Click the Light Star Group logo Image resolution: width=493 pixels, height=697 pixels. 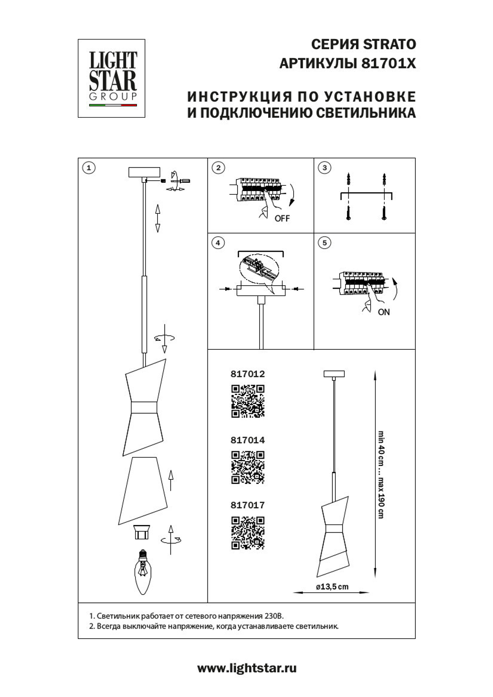(111, 78)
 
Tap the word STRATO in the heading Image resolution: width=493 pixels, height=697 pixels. (389, 44)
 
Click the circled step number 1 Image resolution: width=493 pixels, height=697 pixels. (88, 168)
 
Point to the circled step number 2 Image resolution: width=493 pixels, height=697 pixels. (218, 168)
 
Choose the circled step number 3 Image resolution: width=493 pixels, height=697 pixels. (324, 168)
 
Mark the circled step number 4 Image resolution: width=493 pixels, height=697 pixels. (217, 243)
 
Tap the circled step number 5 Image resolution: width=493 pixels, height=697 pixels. (324, 243)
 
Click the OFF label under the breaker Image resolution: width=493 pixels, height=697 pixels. (282, 218)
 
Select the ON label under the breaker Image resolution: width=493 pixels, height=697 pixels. (384, 312)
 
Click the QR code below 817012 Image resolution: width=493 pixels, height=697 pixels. (248, 401)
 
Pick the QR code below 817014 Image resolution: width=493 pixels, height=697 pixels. (248, 467)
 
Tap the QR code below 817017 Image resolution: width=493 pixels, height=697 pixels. (248, 532)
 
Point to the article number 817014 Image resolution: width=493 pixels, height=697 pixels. (247, 440)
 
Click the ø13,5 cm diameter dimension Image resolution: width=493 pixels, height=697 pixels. (332, 587)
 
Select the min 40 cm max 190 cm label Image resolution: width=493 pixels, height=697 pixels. (381, 474)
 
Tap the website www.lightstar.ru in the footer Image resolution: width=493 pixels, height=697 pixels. (247, 668)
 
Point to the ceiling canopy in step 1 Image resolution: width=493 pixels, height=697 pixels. (144, 172)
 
